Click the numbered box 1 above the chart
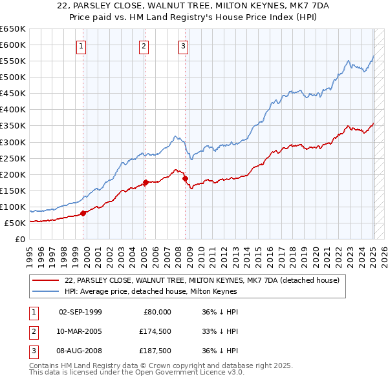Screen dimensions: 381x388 [x=81, y=46]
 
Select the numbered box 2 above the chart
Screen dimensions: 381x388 [x=144, y=46]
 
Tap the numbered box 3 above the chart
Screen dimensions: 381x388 [x=184, y=46]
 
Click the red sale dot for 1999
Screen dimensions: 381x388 [x=83, y=213]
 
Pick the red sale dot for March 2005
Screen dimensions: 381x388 [x=146, y=182]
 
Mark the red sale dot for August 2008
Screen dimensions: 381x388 [x=185, y=178]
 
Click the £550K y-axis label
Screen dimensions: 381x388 [x=13, y=61]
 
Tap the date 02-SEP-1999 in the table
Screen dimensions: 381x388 [x=80, y=312]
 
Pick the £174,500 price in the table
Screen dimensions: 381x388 [x=157, y=332]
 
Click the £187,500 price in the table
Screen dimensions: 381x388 [x=157, y=352]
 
